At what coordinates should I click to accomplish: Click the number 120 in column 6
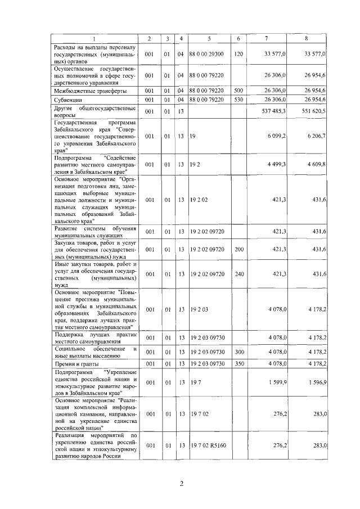coord(238,54)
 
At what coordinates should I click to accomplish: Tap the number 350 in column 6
coord(238,363)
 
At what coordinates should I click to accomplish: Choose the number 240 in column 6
coord(238,274)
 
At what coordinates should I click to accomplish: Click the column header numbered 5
coord(209,38)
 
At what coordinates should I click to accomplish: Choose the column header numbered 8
coord(306,38)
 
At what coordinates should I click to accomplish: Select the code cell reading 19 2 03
coord(199,309)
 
